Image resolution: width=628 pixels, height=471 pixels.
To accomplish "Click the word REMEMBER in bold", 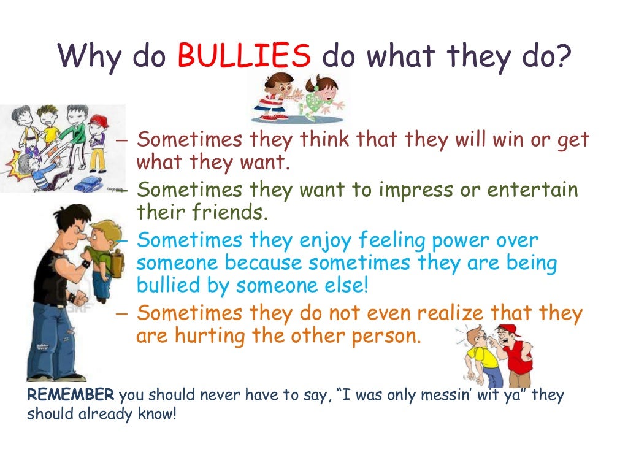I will (71, 395).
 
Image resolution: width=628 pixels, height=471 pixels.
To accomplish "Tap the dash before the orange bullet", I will (121, 314).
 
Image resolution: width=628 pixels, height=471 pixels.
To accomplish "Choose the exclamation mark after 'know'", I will (175, 414).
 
